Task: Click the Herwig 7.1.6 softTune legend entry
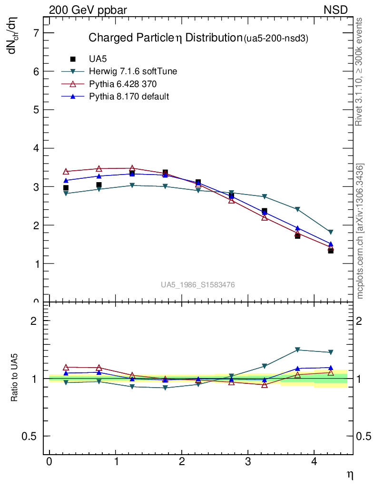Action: pos(133,72)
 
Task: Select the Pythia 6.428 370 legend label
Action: pos(123,84)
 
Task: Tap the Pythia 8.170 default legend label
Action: pos(129,97)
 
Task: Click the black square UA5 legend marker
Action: pos(73,59)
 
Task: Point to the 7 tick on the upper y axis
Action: pos(36,33)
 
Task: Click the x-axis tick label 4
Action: pos(314,462)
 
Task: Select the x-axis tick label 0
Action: pos(49,462)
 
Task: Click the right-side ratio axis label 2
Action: pos(364,321)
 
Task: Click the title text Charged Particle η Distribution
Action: pos(166,38)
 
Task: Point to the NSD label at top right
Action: pos(336,10)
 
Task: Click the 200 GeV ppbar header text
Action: pos(88,10)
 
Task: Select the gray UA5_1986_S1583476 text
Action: pos(197,285)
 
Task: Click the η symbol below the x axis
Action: pos(350,474)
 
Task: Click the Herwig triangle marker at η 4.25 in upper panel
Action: pos(331,232)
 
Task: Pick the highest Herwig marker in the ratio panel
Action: pos(297,350)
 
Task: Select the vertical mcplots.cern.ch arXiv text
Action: pos(360,231)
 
